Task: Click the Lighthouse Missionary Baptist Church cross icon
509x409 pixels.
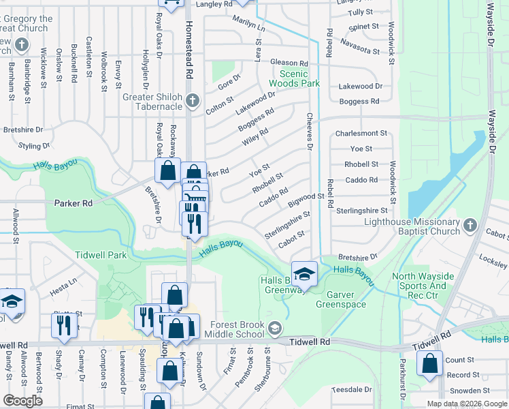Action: pos(470,225)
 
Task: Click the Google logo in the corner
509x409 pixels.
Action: pos(22,401)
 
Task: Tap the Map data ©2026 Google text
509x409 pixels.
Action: pos(466,404)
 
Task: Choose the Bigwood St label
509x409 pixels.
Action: pos(306,198)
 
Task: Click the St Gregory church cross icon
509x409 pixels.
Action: pos(22,46)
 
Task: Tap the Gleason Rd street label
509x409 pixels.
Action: pos(289,63)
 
